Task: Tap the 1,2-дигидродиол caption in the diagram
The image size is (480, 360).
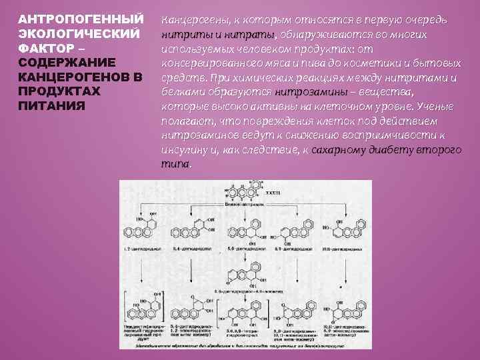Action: tap(143, 248)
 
